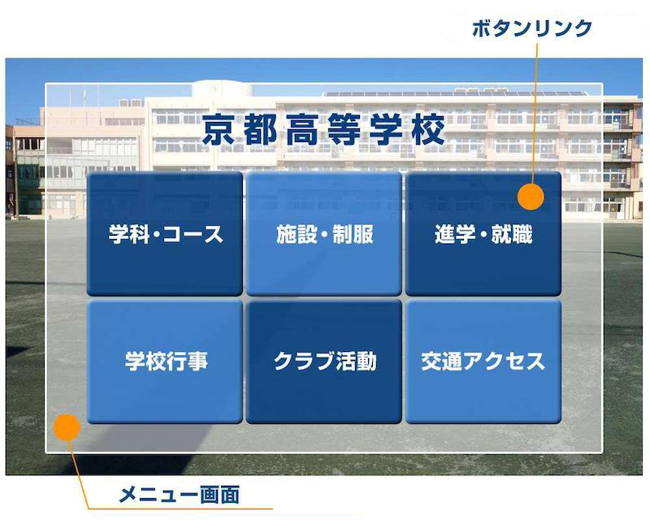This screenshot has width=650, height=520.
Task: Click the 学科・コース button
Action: (165, 233)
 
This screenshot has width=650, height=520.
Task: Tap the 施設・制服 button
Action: (323, 233)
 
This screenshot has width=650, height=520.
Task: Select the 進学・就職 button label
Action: (483, 234)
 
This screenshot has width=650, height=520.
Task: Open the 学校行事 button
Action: (165, 362)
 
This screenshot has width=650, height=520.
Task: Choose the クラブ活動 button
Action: (323, 362)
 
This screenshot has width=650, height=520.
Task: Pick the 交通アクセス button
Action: (483, 362)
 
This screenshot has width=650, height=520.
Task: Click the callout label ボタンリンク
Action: (532, 28)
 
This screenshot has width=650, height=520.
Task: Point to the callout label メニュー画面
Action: (179, 494)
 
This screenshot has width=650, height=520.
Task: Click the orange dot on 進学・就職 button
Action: (531, 197)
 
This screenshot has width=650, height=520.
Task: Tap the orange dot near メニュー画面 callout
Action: (67, 427)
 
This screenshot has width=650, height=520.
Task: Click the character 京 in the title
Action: (219, 130)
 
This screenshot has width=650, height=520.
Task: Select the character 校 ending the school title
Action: (428, 130)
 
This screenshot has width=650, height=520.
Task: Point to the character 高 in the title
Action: (302, 130)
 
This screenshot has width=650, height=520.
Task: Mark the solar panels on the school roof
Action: (455, 93)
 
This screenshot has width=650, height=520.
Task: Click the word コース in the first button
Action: (193, 234)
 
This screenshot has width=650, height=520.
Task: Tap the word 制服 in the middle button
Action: (353, 234)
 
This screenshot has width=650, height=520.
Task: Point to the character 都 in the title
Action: (261, 130)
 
